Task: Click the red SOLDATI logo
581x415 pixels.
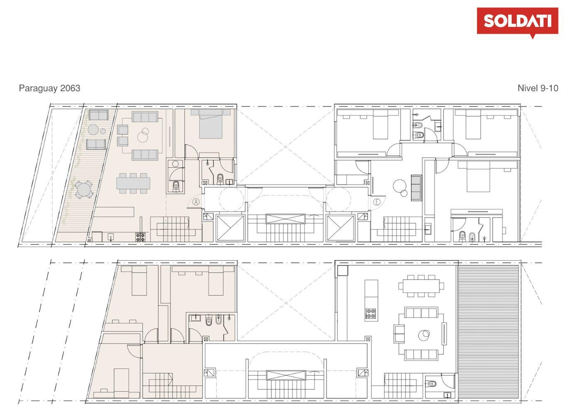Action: pos(518,21)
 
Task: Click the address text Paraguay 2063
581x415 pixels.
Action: pos(49,88)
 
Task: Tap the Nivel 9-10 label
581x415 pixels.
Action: pos(538,88)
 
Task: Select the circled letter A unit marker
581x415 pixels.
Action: pos(196,201)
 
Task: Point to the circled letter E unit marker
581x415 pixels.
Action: pos(377,202)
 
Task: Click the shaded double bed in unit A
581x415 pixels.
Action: pos(211,124)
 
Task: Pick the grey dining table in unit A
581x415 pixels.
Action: pos(133,183)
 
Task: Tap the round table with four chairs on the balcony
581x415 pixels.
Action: pos(83,190)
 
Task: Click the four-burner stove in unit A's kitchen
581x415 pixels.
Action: pos(140,237)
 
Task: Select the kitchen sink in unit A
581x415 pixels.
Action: pos(111,237)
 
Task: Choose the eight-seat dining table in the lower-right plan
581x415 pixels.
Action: pos(421,286)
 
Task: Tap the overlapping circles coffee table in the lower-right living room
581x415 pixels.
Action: pos(424,334)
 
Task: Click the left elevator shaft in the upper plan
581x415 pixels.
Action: pos(230,228)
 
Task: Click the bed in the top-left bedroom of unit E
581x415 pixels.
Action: pos(381,124)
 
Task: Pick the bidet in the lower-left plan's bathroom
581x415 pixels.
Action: pos(218,320)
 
